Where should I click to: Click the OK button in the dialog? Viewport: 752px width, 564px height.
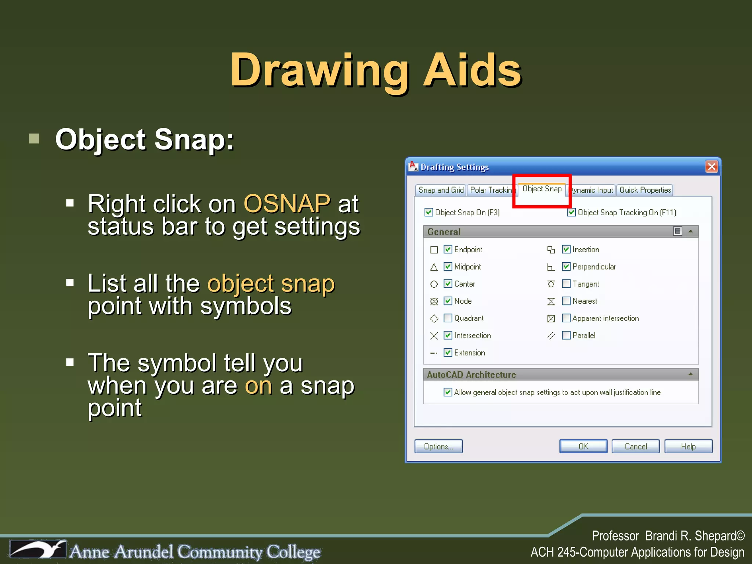[x=583, y=446]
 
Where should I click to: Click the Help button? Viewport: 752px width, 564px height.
[x=688, y=446]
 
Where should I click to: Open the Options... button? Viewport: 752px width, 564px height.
[x=438, y=446]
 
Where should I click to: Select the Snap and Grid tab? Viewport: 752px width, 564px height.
[x=441, y=190]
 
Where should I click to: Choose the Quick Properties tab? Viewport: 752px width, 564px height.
[x=645, y=190]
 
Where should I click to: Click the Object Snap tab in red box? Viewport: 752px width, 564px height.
[x=542, y=189]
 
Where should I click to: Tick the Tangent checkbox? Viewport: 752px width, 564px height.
[x=566, y=284]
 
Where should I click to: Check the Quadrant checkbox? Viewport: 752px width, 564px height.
[x=448, y=318]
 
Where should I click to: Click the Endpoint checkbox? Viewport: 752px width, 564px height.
[x=448, y=249]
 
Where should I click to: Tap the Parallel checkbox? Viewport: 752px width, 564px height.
[x=566, y=335]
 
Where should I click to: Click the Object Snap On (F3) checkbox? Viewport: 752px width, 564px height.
[x=429, y=212]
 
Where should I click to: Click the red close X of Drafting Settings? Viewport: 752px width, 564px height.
[x=712, y=167]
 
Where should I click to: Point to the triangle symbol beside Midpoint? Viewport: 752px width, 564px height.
[x=434, y=267]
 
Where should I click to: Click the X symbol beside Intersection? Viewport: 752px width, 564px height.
[x=434, y=336]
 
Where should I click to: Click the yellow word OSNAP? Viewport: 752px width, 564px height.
[x=287, y=204]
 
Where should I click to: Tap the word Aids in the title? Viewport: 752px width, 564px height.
[x=472, y=70]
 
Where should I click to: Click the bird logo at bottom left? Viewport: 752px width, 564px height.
[x=38, y=549]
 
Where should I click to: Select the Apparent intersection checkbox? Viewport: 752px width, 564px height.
[x=566, y=318]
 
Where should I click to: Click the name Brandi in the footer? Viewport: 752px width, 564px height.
[x=661, y=536]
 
